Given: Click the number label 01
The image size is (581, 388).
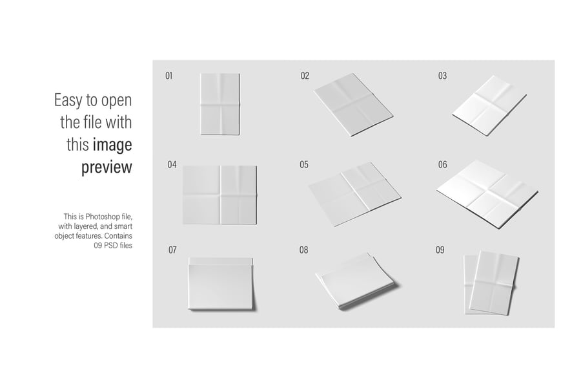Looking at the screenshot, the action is click(x=169, y=76).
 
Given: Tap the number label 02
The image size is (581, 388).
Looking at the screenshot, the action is click(x=305, y=76).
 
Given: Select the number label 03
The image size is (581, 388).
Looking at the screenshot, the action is click(x=442, y=76).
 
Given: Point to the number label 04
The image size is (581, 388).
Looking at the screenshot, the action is click(x=172, y=164).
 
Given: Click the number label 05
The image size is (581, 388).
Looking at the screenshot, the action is click(x=304, y=164).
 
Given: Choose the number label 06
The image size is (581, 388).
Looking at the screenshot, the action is click(x=442, y=164).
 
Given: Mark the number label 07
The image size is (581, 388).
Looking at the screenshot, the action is click(x=172, y=250).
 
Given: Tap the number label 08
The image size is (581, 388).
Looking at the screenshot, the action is click(x=303, y=250).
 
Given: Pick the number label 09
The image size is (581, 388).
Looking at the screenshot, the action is click(x=440, y=250).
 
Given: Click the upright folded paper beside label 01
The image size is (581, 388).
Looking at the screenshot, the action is click(x=219, y=104).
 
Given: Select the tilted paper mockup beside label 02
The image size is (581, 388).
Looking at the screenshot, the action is click(x=353, y=104).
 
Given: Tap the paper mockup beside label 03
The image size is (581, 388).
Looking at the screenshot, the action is click(x=489, y=105).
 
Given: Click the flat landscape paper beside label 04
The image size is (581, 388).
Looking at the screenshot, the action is click(x=219, y=195).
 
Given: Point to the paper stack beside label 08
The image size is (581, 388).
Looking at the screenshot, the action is click(x=356, y=281).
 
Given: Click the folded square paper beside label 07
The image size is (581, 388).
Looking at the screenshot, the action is click(x=221, y=284).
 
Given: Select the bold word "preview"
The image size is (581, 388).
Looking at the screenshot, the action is click(x=107, y=167).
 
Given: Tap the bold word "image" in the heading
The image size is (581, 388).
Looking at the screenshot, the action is click(x=112, y=145).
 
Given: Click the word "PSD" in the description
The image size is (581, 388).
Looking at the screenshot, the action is click(x=111, y=246).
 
